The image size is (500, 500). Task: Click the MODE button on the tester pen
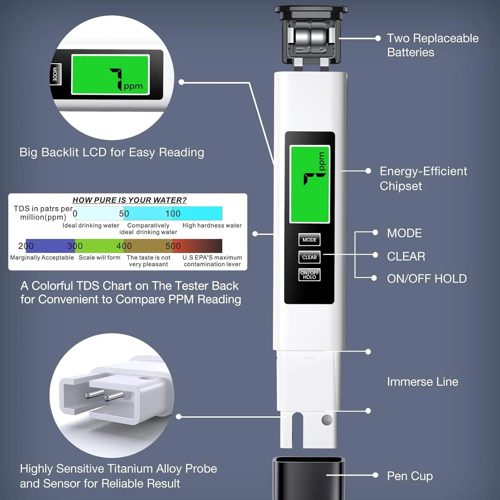(x=309, y=240)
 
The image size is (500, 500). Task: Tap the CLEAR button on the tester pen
(x=309, y=257)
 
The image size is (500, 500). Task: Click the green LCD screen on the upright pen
(x=310, y=184)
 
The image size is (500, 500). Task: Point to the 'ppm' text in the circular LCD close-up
(x=133, y=87)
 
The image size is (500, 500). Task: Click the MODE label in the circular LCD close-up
(x=55, y=74)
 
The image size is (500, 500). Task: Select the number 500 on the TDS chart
(x=173, y=246)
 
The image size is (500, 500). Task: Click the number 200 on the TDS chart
(x=26, y=246)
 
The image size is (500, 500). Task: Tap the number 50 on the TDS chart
(x=124, y=214)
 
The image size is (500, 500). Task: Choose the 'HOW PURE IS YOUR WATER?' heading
(x=129, y=200)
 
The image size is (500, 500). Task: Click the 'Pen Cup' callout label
(x=410, y=476)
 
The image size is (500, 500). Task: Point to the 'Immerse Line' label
(x=422, y=382)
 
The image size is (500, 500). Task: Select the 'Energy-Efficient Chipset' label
(x=423, y=178)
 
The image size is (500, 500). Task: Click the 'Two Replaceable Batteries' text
(x=432, y=45)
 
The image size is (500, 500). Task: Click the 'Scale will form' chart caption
(x=99, y=258)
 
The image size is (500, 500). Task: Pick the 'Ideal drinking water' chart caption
(x=91, y=226)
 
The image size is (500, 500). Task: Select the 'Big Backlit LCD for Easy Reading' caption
(x=112, y=152)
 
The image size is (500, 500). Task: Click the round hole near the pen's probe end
(x=327, y=420)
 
